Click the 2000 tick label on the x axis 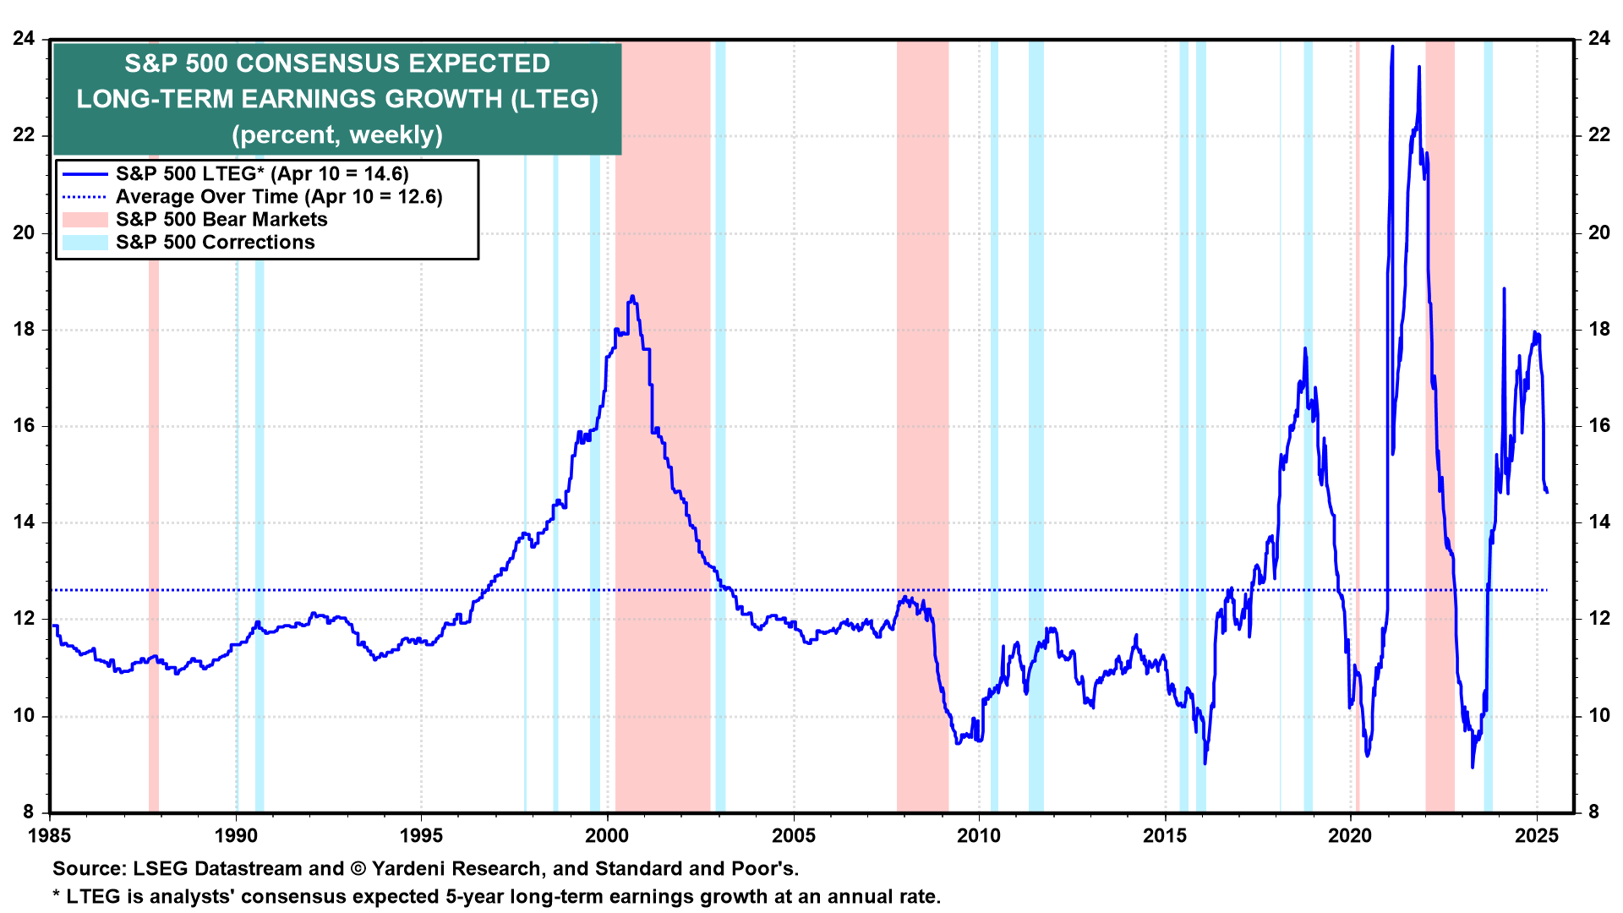(x=607, y=836)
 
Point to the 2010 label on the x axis (x=979, y=836)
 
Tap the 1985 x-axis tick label (x=50, y=836)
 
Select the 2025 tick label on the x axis (x=1536, y=836)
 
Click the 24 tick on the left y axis (x=24, y=39)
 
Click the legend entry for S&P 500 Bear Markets (x=221, y=220)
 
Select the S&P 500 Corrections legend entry (x=215, y=243)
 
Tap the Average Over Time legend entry (x=279, y=197)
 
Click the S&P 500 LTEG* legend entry (x=262, y=174)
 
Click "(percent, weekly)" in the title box (x=337, y=135)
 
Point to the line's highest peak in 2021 (x=1392, y=47)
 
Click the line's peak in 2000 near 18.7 (x=632, y=297)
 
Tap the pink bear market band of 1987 (x=154, y=507)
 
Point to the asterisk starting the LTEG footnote (x=57, y=895)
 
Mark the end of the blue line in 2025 (x=1547, y=492)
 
